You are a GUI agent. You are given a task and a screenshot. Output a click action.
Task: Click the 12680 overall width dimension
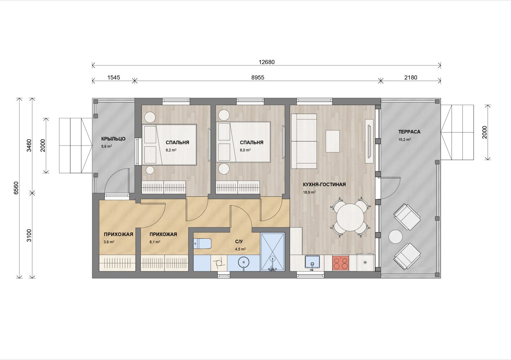pos(266,62)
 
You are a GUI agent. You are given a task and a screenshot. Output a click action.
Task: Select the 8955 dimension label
pos(258,78)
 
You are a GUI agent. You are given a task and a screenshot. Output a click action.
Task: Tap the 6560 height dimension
pos(16,188)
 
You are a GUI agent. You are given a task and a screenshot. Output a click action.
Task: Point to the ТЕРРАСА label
pos(409,131)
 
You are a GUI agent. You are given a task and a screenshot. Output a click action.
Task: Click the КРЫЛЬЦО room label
pos(113,139)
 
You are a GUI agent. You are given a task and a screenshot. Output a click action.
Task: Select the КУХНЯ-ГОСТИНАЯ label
pos(324,184)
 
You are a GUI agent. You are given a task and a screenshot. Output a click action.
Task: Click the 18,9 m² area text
pos(309,192)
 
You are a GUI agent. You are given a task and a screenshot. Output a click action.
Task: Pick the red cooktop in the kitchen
pos(340,263)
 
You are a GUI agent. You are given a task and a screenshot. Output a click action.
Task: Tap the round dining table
pos(350,217)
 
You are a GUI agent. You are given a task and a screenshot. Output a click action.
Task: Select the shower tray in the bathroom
pos(272,252)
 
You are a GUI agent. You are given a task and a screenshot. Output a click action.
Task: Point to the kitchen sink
pos(313,263)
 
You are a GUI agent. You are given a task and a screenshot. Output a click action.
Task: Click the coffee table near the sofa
pos(332,141)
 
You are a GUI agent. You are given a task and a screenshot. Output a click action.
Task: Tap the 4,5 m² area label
pos(240,249)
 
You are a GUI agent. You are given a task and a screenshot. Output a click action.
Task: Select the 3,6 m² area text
pos(109,242)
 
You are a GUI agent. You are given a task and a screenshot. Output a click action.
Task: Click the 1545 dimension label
pos(114,78)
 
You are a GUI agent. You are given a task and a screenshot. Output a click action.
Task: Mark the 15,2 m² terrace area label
pos(405,139)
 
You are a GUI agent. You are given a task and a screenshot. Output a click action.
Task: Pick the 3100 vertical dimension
pos(29,236)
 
